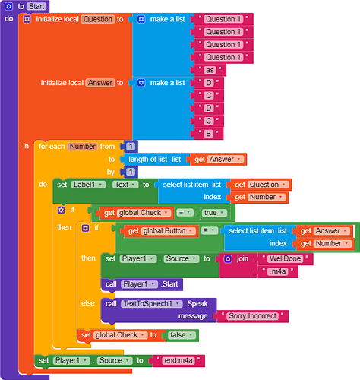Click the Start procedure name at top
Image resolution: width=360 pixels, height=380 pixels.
tap(36, 6)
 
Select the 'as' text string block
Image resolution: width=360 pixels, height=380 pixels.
tap(210, 70)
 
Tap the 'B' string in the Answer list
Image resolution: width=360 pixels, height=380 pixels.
tap(209, 134)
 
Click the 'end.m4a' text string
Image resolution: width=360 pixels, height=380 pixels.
tap(178, 360)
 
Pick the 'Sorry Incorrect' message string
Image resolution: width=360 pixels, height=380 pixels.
tap(252, 316)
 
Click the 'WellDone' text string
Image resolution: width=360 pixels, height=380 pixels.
tap(285, 258)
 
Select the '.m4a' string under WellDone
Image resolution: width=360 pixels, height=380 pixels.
tap(278, 271)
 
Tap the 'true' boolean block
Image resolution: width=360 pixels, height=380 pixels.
tap(215, 213)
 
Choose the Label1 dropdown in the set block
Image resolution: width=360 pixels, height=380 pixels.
tap(88, 185)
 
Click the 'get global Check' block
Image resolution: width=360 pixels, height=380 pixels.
tap(137, 213)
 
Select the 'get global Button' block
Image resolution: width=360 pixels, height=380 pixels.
tap(161, 231)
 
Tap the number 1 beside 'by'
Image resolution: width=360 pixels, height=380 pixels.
tap(131, 172)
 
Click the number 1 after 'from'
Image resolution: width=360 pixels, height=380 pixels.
tap(131, 147)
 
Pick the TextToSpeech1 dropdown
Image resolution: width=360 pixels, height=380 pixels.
tap(152, 304)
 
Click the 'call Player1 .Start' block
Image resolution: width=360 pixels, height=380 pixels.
tap(142, 284)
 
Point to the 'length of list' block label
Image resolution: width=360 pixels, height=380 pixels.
tap(148, 160)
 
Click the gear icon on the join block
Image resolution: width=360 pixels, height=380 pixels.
tap(228, 259)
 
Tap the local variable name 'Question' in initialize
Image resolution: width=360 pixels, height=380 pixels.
tap(98, 19)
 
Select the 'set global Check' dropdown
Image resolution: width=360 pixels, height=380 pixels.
tap(120, 335)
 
